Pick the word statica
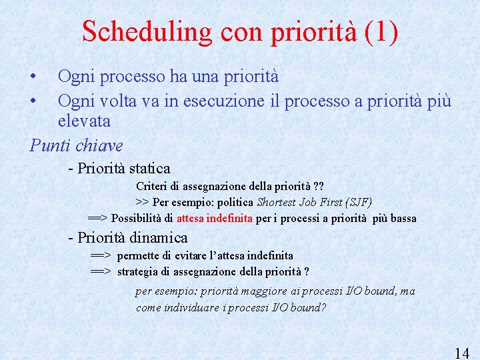(x=150, y=168)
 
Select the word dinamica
(x=159, y=237)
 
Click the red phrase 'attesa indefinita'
(x=214, y=218)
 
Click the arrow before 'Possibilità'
(x=99, y=218)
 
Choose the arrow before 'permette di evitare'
(x=100, y=255)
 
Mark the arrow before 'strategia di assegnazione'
(x=100, y=271)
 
